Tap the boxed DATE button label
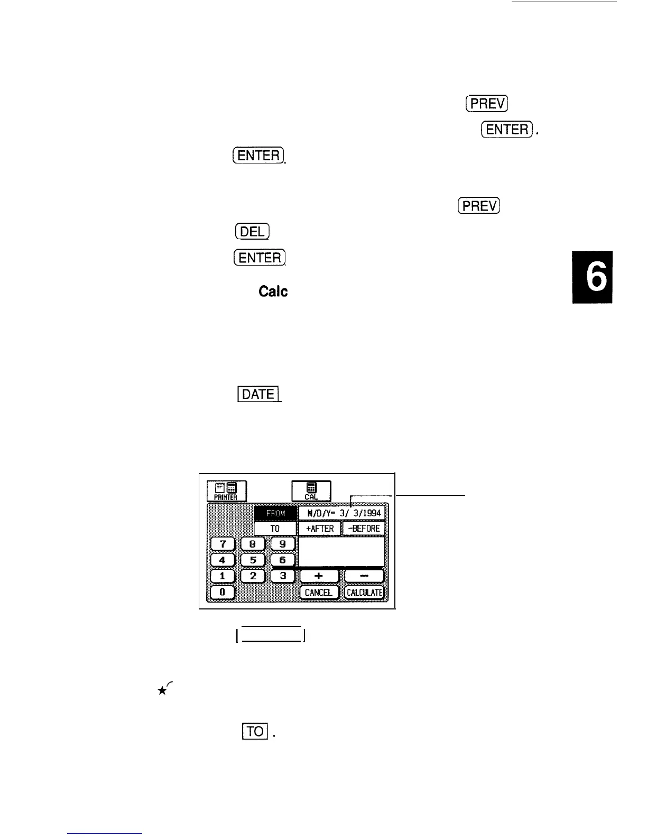(x=258, y=394)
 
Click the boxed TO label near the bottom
(x=255, y=731)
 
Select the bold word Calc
(x=273, y=292)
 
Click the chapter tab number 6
(x=592, y=277)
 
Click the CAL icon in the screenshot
(x=311, y=491)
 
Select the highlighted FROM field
(x=275, y=513)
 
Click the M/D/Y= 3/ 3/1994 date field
(x=342, y=513)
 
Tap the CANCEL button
(x=319, y=593)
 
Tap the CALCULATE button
(x=364, y=593)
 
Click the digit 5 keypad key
(x=253, y=560)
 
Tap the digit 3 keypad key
(x=283, y=576)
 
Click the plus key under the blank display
(x=319, y=576)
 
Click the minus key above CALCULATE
(x=364, y=576)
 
